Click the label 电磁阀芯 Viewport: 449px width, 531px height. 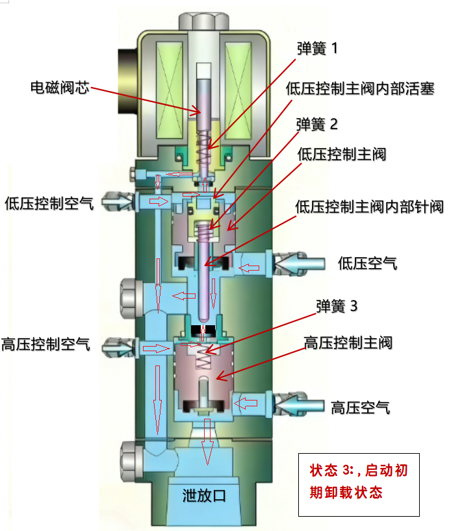pos(59,87)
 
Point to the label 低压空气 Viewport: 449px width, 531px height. pos(368,263)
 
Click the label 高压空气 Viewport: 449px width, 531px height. pos(361,408)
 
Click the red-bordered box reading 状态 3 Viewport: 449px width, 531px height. pos(358,484)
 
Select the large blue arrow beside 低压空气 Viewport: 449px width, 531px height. pos(302,263)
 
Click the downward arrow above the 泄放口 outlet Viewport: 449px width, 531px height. pos(207,441)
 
